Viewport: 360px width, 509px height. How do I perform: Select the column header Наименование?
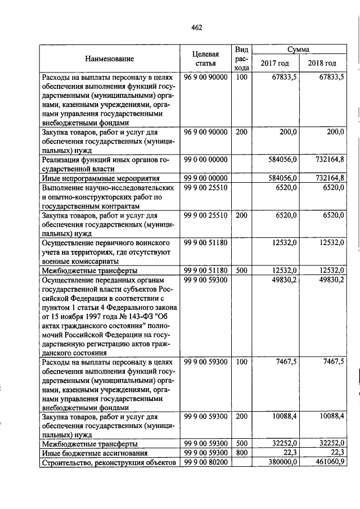point(110,59)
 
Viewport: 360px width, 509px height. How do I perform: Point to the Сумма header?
point(298,49)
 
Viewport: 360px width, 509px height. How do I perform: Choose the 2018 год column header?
point(323,64)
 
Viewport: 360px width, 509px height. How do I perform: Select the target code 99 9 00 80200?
point(205,462)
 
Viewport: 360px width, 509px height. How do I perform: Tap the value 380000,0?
point(282,462)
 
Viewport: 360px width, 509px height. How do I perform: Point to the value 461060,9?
point(329,462)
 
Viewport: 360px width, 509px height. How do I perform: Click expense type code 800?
point(241,452)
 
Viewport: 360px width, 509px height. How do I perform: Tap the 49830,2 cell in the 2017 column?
point(285,280)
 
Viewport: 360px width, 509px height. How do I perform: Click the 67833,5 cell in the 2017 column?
point(283,77)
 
